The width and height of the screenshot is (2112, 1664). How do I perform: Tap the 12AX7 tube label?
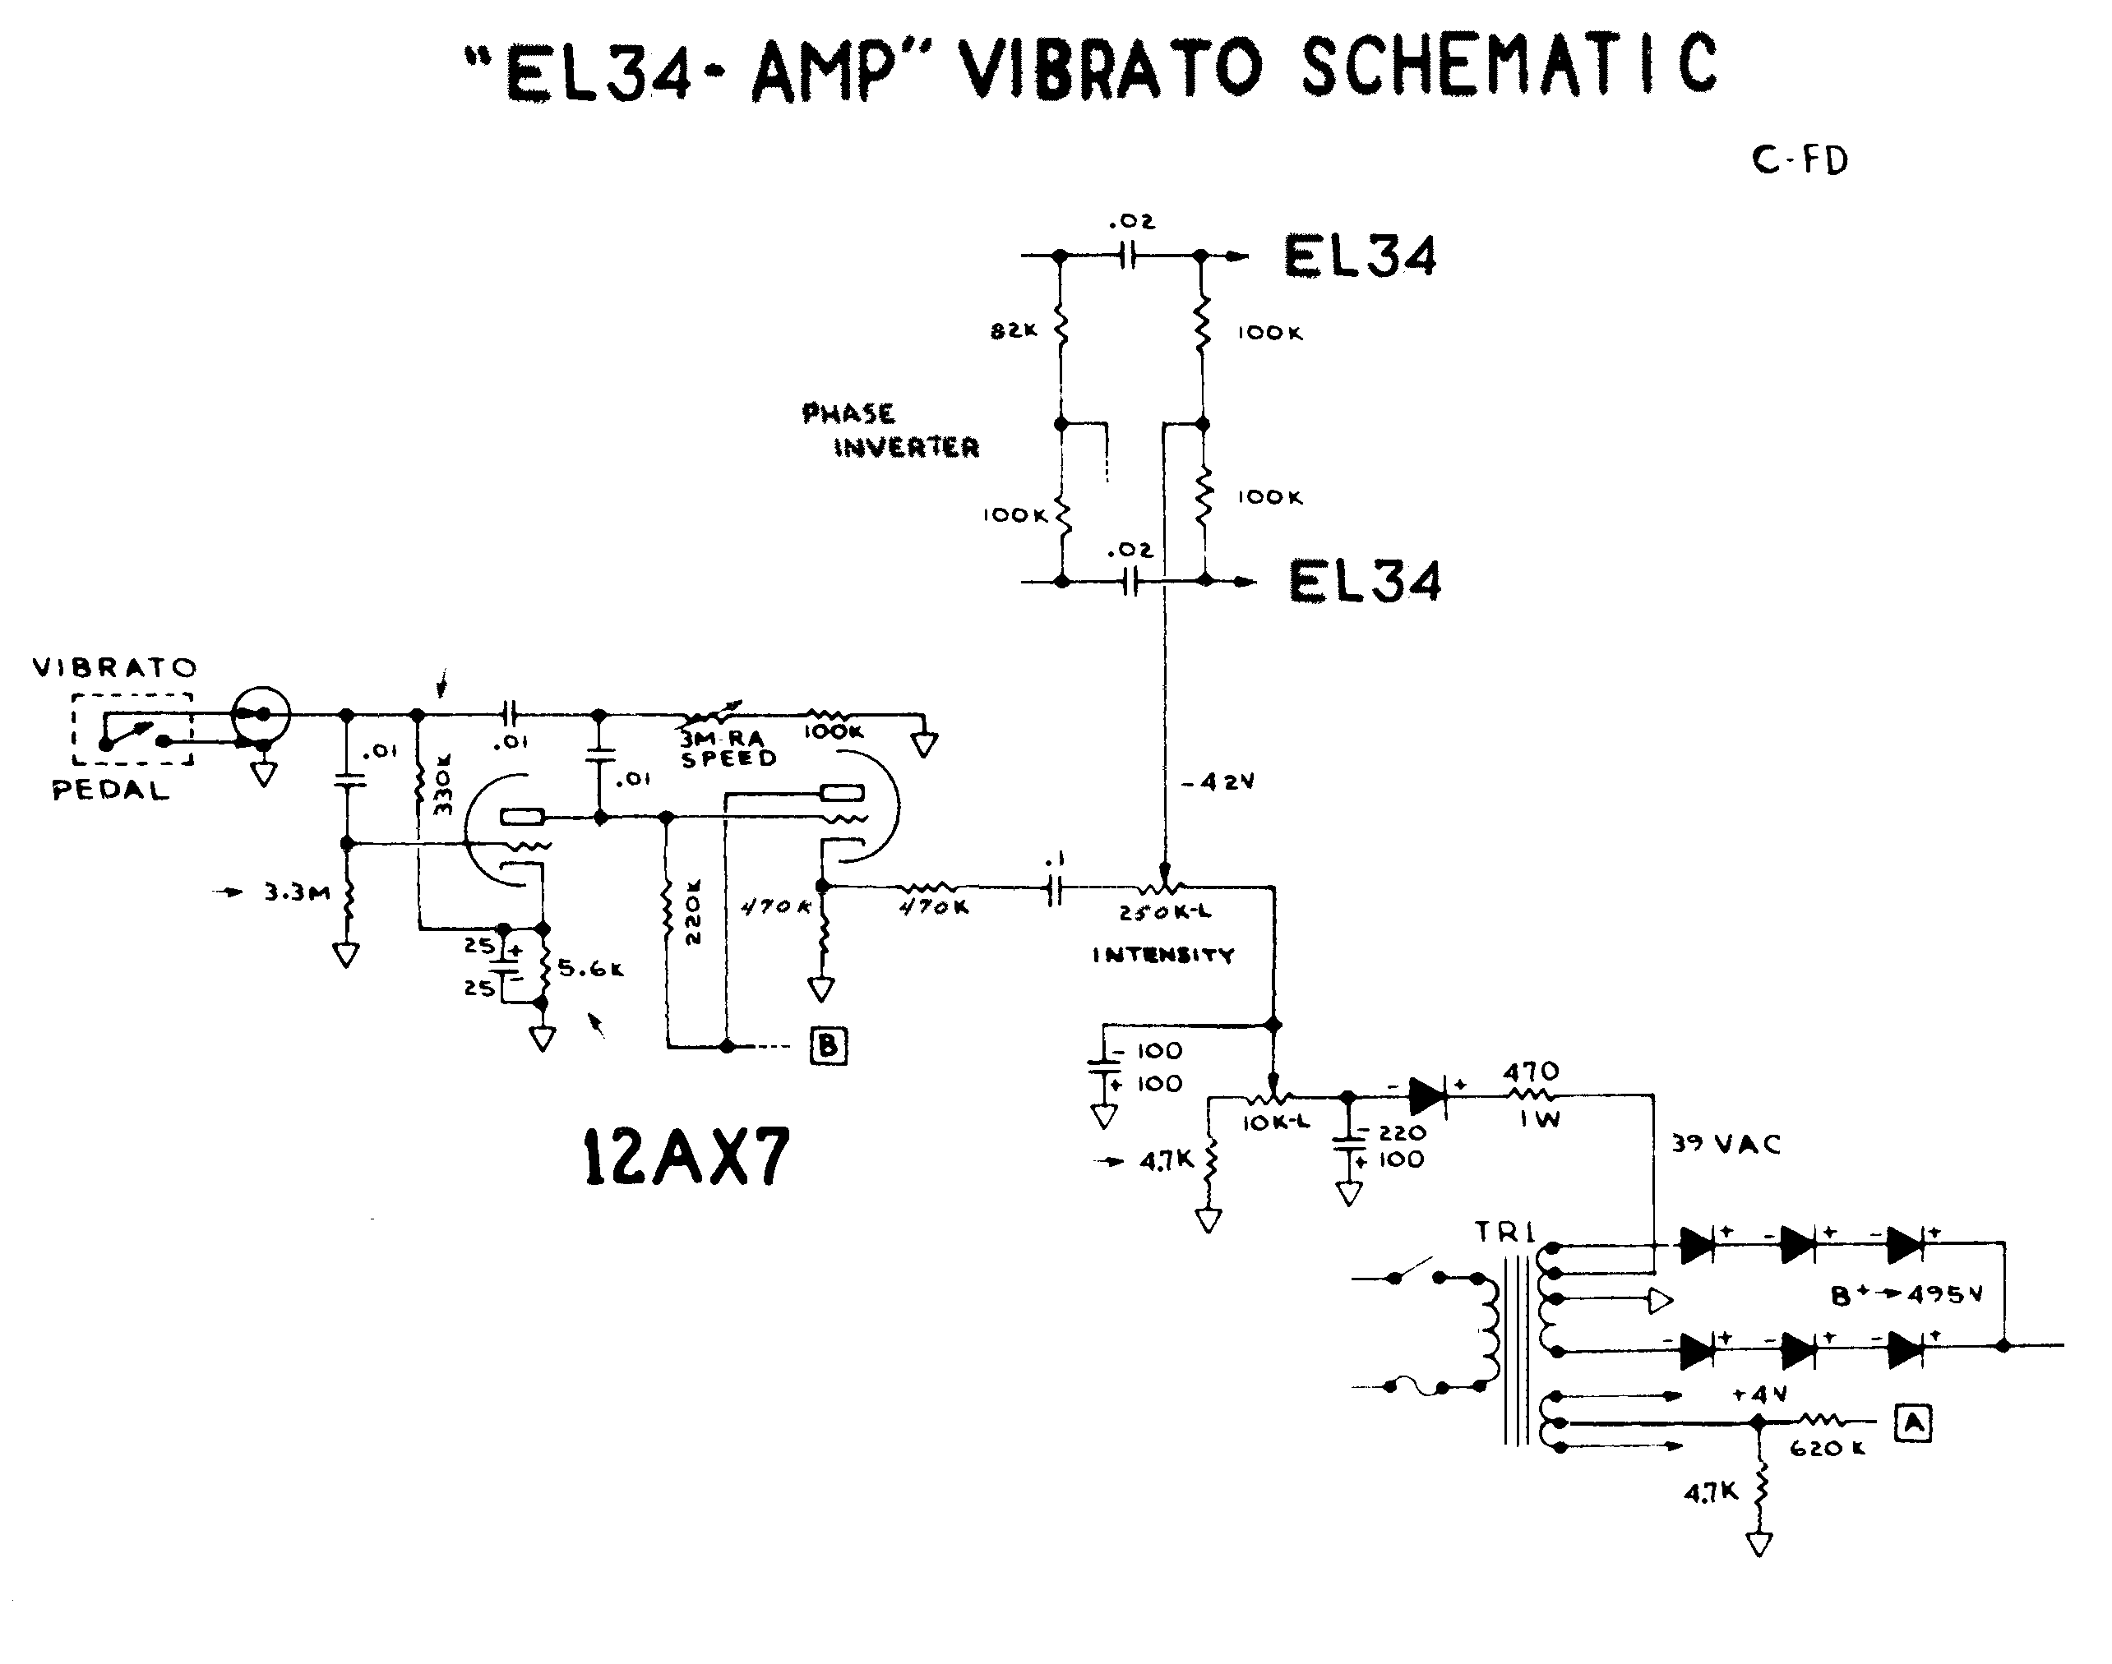coord(685,1156)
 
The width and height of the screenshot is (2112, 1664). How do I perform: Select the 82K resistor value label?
coord(1014,331)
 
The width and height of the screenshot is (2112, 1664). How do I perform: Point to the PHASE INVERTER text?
coord(889,431)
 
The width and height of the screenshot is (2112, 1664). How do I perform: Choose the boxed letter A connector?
coord(1913,1423)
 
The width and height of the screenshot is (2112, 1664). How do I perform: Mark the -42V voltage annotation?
coord(1218,782)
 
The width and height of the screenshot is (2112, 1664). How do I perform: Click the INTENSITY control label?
coord(1162,955)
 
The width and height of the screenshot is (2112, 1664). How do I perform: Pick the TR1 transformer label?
coord(1504,1233)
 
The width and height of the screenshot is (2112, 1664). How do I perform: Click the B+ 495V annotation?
coord(1906,1296)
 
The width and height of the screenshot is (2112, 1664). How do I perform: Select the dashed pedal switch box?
coord(132,730)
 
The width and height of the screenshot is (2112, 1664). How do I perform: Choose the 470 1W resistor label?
coord(1531,1093)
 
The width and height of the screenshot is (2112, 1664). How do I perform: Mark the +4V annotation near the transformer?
coord(1759,1395)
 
